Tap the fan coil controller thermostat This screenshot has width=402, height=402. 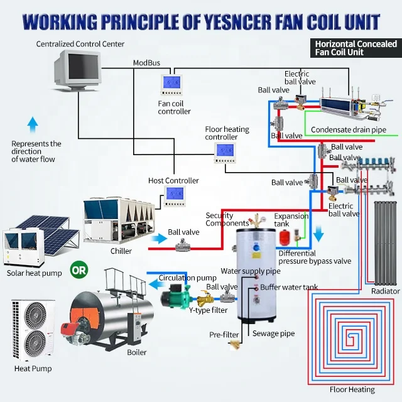[x=171, y=84]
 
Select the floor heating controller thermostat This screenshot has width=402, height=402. [x=224, y=151]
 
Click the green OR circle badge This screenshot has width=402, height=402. [x=77, y=272]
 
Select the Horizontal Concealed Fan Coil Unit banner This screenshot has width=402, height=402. [x=356, y=48]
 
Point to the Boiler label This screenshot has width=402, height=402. [x=136, y=352]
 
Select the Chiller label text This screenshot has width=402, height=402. [x=121, y=251]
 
